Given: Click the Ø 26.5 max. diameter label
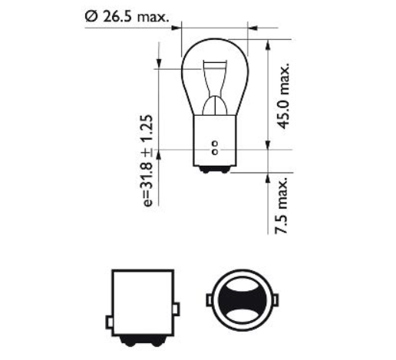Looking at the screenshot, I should coord(127,14).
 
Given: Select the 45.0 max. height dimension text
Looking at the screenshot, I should coord(285,97).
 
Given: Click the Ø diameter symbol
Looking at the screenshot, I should coord(91,14).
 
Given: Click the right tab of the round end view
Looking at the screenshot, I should coord(272,301).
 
